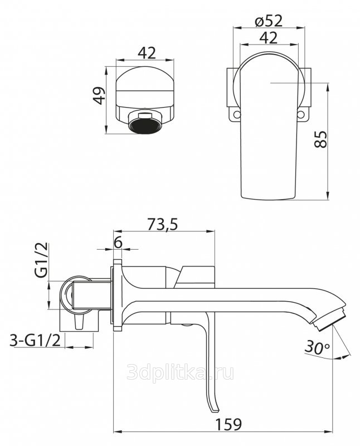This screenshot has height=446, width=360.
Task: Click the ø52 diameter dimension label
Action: click(269, 21)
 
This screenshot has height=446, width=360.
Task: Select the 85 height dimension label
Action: click(321, 139)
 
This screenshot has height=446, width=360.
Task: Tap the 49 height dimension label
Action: click(99, 95)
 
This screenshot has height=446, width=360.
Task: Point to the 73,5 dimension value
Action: click(163, 224)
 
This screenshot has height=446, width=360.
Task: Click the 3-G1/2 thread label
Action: click(35, 340)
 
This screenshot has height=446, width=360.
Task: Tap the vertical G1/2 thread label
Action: click(41, 260)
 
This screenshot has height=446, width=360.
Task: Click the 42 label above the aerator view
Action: click(147, 53)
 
